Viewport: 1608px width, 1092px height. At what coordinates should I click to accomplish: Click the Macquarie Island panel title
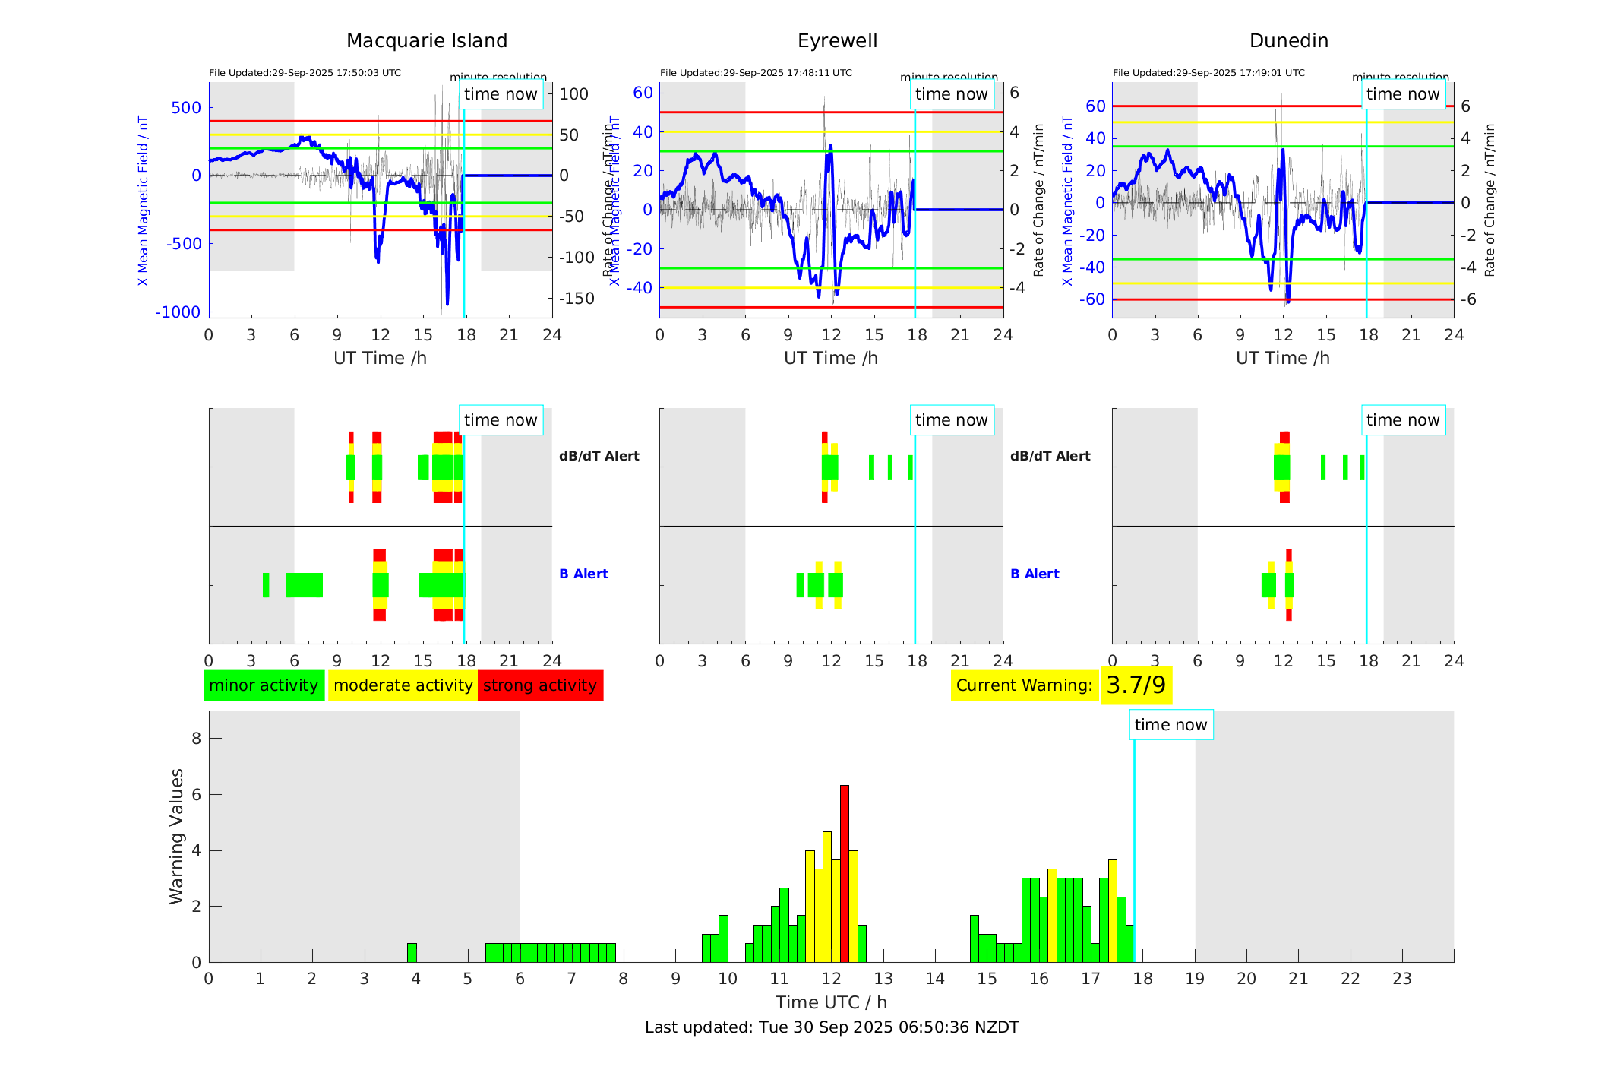tap(426, 41)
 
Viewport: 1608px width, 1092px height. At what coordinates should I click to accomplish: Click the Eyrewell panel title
tap(837, 41)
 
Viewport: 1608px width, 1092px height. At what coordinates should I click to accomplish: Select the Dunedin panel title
tap(1288, 41)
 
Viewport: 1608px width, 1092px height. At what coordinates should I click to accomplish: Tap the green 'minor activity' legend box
tap(264, 685)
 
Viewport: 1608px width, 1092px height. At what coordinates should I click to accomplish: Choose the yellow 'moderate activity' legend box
tap(403, 685)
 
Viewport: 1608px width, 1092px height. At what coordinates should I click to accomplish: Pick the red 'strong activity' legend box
tap(540, 685)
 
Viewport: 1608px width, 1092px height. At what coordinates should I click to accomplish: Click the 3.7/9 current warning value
tap(1136, 685)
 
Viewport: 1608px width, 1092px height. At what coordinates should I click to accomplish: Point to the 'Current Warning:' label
tap(1024, 685)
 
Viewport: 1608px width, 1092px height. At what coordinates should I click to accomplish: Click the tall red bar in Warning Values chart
tap(845, 874)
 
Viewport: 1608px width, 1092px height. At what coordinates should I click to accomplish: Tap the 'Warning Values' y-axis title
tap(177, 836)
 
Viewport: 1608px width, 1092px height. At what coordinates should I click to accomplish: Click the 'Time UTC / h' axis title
tap(831, 1002)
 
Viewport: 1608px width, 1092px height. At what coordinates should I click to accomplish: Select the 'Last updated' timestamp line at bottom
tap(832, 1027)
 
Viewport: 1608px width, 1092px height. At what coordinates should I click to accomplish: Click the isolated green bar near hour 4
tap(412, 953)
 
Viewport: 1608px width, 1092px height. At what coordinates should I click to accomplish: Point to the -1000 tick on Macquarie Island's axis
tap(178, 312)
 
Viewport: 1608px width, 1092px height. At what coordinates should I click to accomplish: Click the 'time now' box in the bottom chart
tap(1170, 725)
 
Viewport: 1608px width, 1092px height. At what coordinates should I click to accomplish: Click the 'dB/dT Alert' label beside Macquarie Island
tap(599, 456)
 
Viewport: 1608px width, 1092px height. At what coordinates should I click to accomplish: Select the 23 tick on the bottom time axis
tap(1402, 979)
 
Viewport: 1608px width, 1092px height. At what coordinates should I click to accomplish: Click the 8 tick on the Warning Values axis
tap(197, 739)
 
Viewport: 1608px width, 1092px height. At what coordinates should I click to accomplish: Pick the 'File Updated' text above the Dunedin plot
tap(1208, 73)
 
